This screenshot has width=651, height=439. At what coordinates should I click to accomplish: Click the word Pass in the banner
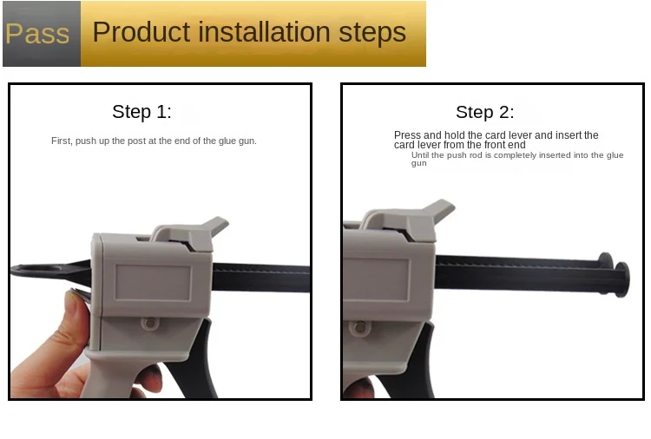[x=37, y=33]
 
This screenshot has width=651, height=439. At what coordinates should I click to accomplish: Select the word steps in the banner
[x=372, y=33]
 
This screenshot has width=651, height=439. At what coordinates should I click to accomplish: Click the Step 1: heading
[x=141, y=112]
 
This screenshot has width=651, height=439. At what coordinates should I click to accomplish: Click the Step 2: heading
[x=485, y=112]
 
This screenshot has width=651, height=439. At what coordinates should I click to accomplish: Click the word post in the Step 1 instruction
[x=136, y=141]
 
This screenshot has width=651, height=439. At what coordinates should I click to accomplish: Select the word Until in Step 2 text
[x=420, y=155]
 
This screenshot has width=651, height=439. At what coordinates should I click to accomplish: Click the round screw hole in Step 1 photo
[x=150, y=323]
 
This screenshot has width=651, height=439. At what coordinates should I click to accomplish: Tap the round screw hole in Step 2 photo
[x=360, y=328]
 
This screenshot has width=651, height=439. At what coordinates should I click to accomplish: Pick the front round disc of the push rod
[x=622, y=279]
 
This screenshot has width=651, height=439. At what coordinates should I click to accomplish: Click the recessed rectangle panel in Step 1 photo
[x=153, y=283]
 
